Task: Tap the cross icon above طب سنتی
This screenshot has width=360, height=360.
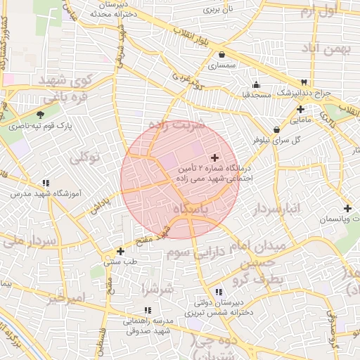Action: [121, 250]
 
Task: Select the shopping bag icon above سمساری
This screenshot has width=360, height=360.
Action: [222, 54]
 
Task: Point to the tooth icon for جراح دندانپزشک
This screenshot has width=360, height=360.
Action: [304, 82]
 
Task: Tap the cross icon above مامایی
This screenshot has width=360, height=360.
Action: [300, 109]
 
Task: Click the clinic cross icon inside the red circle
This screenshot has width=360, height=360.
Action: [214, 157]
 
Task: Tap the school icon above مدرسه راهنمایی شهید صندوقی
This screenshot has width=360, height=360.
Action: [147, 309]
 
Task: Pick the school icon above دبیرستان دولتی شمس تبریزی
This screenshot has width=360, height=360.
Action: [218, 292]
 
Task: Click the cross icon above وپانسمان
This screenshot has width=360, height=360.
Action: [347, 209]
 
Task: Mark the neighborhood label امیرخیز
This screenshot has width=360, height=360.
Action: [68, 297]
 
